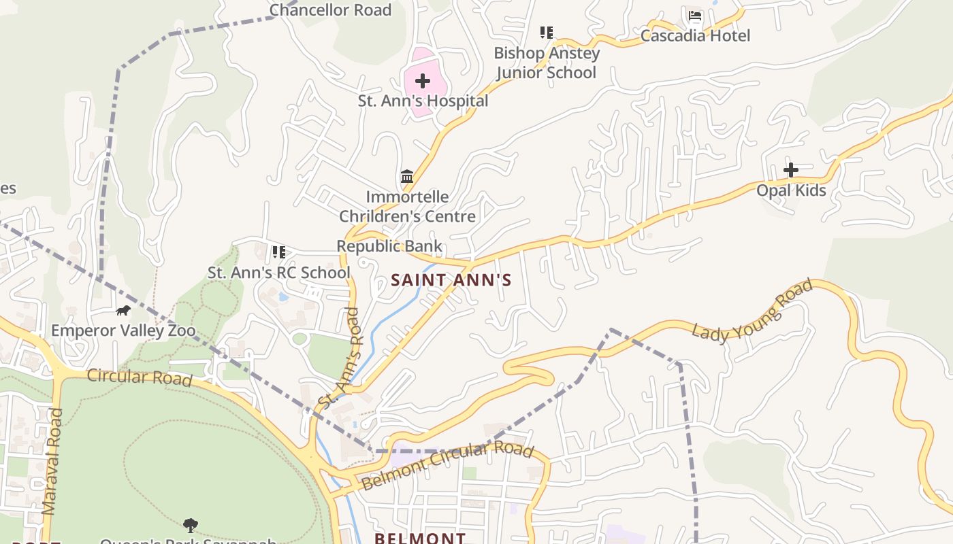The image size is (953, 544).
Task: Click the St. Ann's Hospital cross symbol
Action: [x=423, y=81]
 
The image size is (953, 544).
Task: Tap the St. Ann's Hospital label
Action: [x=423, y=101]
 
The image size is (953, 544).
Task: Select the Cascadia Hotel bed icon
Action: [x=694, y=16]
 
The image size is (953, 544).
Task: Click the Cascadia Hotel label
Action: [x=695, y=36]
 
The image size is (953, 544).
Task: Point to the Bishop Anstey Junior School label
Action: [x=547, y=63]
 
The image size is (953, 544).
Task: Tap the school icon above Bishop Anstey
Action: [x=546, y=32]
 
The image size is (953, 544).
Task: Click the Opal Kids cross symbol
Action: [x=791, y=169]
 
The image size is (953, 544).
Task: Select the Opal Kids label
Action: [x=791, y=190]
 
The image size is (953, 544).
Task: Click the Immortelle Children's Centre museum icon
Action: [x=407, y=177]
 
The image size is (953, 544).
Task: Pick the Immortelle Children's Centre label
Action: [x=407, y=207]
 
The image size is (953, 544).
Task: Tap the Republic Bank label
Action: [x=389, y=246]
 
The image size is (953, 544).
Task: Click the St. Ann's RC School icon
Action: [x=278, y=252]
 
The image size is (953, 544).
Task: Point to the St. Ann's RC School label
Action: [x=279, y=273]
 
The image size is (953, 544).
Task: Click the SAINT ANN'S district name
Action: [x=451, y=280]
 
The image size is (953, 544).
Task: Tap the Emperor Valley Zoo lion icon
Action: [x=123, y=311]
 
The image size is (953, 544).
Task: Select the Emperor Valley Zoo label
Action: [x=123, y=331]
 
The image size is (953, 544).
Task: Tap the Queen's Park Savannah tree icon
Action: [x=191, y=524]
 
